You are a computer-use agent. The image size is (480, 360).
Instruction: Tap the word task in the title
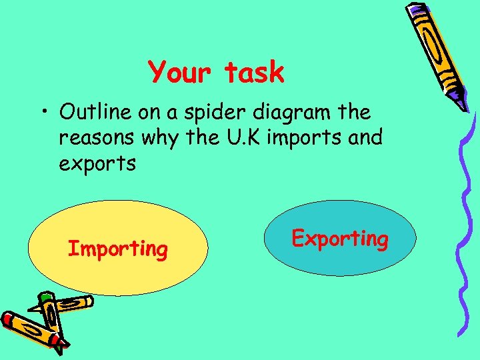coord(254,72)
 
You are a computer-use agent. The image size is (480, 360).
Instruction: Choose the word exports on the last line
coord(97,163)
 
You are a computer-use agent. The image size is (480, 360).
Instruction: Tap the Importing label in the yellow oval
coord(118,249)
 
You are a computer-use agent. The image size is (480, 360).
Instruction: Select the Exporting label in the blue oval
coord(340,238)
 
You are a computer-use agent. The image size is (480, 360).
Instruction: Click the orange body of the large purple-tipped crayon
coord(437,53)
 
